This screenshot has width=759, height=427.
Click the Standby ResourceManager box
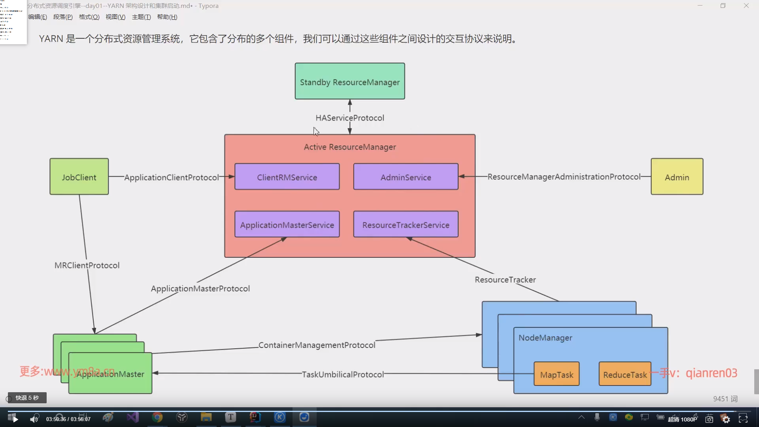pyautogui.click(x=350, y=81)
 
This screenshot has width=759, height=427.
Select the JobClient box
pyautogui.click(x=79, y=177)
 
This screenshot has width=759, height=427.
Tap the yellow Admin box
pyautogui.click(x=677, y=177)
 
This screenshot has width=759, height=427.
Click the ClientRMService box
pyautogui.click(x=287, y=177)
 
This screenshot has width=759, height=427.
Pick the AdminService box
pyautogui.click(x=406, y=177)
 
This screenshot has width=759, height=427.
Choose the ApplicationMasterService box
pyautogui.click(x=287, y=224)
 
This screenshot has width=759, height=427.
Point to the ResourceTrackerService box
pyautogui.click(x=406, y=224)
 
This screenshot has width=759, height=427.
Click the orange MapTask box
pyautogui.click(x=557, y=374)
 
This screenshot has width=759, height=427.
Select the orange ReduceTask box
pyautogui.click(x=625, y=374)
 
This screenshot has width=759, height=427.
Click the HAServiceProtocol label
pyautogui.click(x=350, y=118)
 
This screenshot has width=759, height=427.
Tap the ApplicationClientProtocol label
pyautogui.click(x=172, y=178)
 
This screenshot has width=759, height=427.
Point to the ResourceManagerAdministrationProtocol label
pyautogui.click(x=564, y=177)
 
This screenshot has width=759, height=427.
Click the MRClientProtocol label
pyautogui.click(x=87, y=265)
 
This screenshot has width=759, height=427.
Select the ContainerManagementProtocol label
pyautogui.click(x=317, y=345)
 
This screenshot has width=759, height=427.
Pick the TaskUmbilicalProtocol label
pyautogui.click(x=343, y=374)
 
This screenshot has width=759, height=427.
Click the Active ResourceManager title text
pyautogui.click(x=350, y=147)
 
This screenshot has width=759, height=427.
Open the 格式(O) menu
pyautogui.click(x=89, y=17)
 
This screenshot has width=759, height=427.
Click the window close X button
pyautogui.click(x=746, y=6)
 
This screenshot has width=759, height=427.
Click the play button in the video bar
pyautogui.click(x=15, y=419)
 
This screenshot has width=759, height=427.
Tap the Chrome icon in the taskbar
pyautogui.click(x=157, y=418)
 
